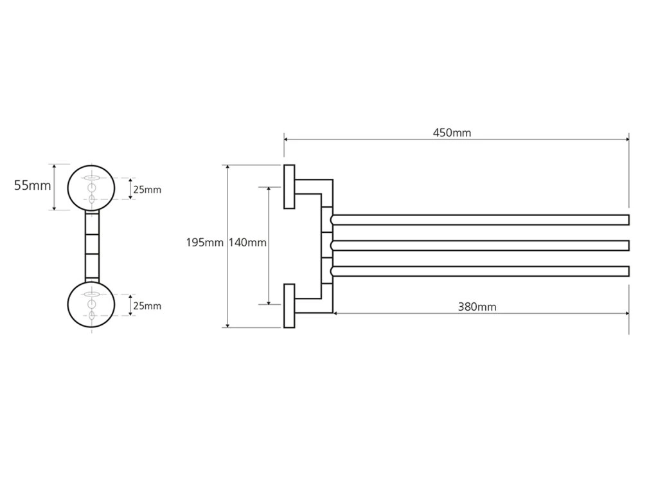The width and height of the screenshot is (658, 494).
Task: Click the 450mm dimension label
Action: point(452,133)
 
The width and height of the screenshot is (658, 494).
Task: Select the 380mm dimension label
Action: point(477,307)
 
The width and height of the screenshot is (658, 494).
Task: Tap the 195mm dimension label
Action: point(204,242)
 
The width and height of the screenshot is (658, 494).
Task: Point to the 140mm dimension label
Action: point(247,242)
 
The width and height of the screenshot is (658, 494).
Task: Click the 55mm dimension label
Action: point(32,186)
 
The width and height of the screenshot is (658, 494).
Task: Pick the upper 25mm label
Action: point(147,189)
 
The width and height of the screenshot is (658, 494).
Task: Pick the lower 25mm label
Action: point(147,306)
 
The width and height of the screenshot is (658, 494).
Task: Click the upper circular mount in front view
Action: point(91,187)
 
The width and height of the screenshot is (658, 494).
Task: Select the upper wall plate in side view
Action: point(289,187)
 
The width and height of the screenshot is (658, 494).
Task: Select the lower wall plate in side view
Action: point(289,306)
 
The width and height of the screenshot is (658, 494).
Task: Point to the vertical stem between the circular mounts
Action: point(92,246)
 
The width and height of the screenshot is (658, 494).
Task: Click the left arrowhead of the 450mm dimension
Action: point(287,139)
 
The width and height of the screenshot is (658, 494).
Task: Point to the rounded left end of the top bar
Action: point(333,220)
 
